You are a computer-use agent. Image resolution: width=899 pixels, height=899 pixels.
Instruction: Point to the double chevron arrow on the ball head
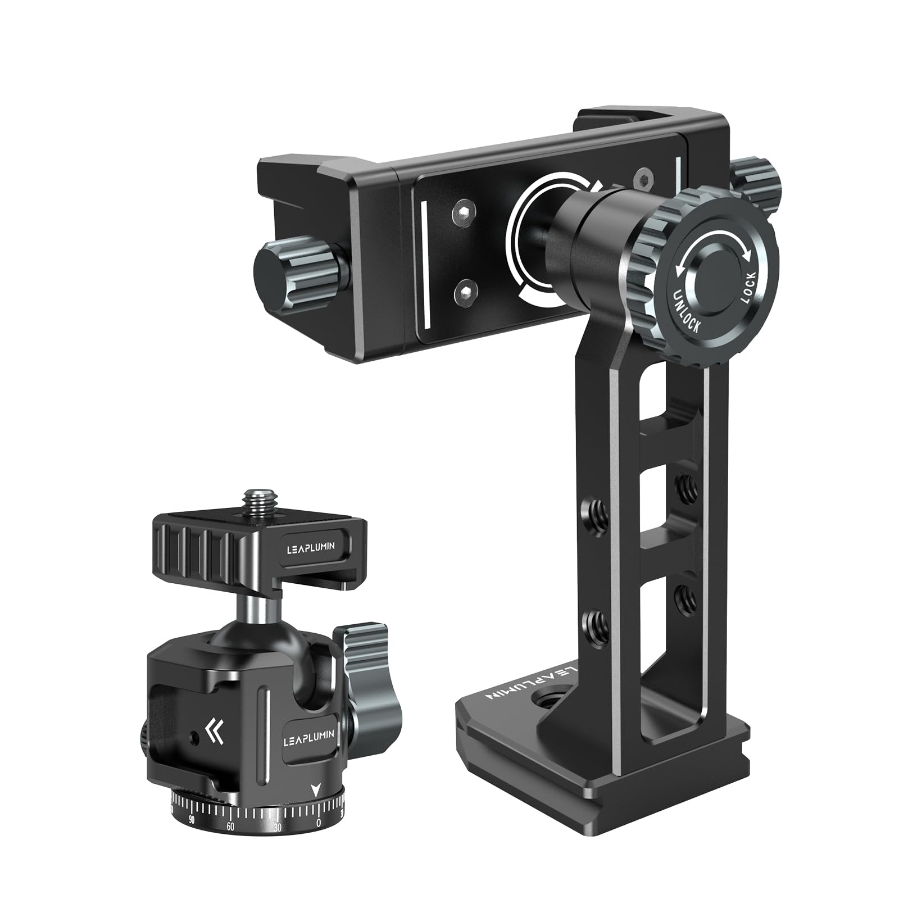pos(214,731)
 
